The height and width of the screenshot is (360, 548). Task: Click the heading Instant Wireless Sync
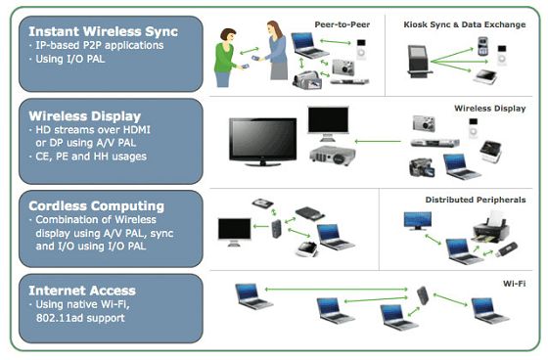pyautogui.click(x=103, y=32)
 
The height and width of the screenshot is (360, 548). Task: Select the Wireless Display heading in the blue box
pyautogui.click(x=85, y=116)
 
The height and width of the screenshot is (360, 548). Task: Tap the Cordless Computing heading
pyautogui.click(x=97, y=206)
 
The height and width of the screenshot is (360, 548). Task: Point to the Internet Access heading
pyautogui.click(x=82, y=291)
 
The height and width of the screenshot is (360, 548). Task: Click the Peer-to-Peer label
pyautogui.click(x=342, y=24)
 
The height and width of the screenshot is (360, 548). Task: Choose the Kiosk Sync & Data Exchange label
pyautogui.click(x=465, y=24)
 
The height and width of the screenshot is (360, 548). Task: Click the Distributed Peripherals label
pyautogui.click(x=476, y=200)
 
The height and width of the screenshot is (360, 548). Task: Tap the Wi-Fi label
pyautogui.click(x=515, y=284)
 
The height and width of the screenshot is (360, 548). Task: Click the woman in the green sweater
pyautogui.click(x=226, y=58)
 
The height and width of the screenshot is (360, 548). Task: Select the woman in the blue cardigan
pyautogui.click(x=276, y=50)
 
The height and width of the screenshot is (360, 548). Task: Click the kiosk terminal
pyautogui.click(x=419, y=62)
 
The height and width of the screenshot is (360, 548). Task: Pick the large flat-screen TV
pyautogui.click(x=263, y=142)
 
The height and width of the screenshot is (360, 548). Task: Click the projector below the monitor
pyautogui.click(x=332, y=156)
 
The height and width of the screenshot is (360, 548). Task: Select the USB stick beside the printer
pyautogui.click(x=508, y=248)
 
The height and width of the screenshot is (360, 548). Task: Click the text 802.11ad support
pyautogui.click(x=80, y=318)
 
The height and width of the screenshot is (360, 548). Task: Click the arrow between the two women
pyautogui.click(x=250, y=51)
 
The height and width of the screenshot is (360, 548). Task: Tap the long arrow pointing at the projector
pyautogui.click(x=378, y=142)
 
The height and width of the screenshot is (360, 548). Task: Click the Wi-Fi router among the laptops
pyautogui.click(x=423, y=295)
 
